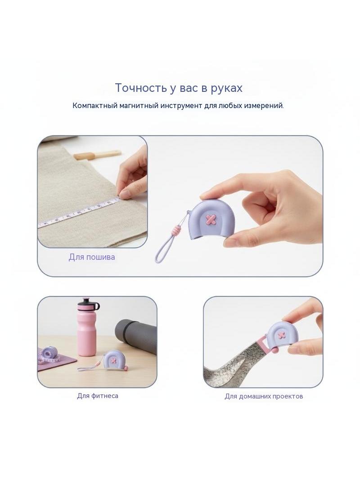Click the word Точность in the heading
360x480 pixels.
[141, 88]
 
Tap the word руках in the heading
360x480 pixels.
[226, 88]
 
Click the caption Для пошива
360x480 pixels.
[92, 257]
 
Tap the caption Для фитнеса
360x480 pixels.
[98, 396]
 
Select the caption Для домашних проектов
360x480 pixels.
[264, 396]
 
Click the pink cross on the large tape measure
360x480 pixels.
[211, 219]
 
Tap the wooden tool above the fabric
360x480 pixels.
[98, 154]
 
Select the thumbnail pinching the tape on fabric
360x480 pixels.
[125, 194]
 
